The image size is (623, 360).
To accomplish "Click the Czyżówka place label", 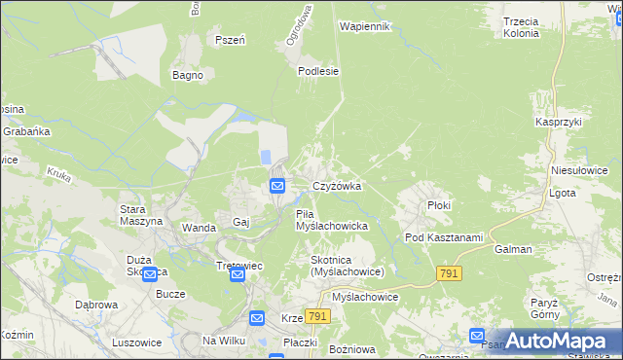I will (337, 186).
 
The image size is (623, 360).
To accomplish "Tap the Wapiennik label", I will (365, 26).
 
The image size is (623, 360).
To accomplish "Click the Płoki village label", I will (440, 205).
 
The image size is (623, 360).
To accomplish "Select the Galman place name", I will (513, 249).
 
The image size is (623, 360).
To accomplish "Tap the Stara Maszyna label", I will (139, 215).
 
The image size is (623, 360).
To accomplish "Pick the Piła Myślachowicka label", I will (330, 220).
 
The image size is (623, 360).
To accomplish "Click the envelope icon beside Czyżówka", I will (277, 186).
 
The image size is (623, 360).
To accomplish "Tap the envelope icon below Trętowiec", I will (238, 276).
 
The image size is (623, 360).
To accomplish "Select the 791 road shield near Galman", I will (449, 275).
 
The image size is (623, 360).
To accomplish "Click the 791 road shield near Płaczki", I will (316, 317).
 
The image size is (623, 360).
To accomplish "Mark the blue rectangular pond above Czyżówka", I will (265, 156).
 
